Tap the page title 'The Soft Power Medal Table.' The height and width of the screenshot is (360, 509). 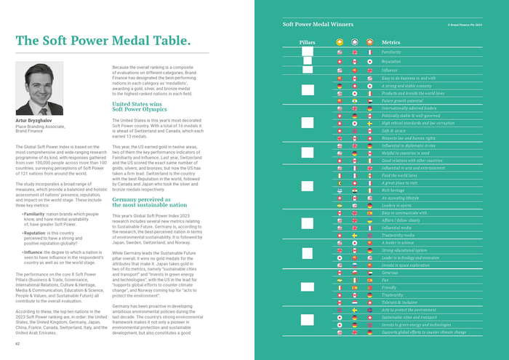coord(103,40)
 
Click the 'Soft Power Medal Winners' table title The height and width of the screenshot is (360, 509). coord(318,24)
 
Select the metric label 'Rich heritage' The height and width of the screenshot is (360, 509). coord(395,190)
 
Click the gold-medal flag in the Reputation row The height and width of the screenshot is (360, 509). coord(340,62)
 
